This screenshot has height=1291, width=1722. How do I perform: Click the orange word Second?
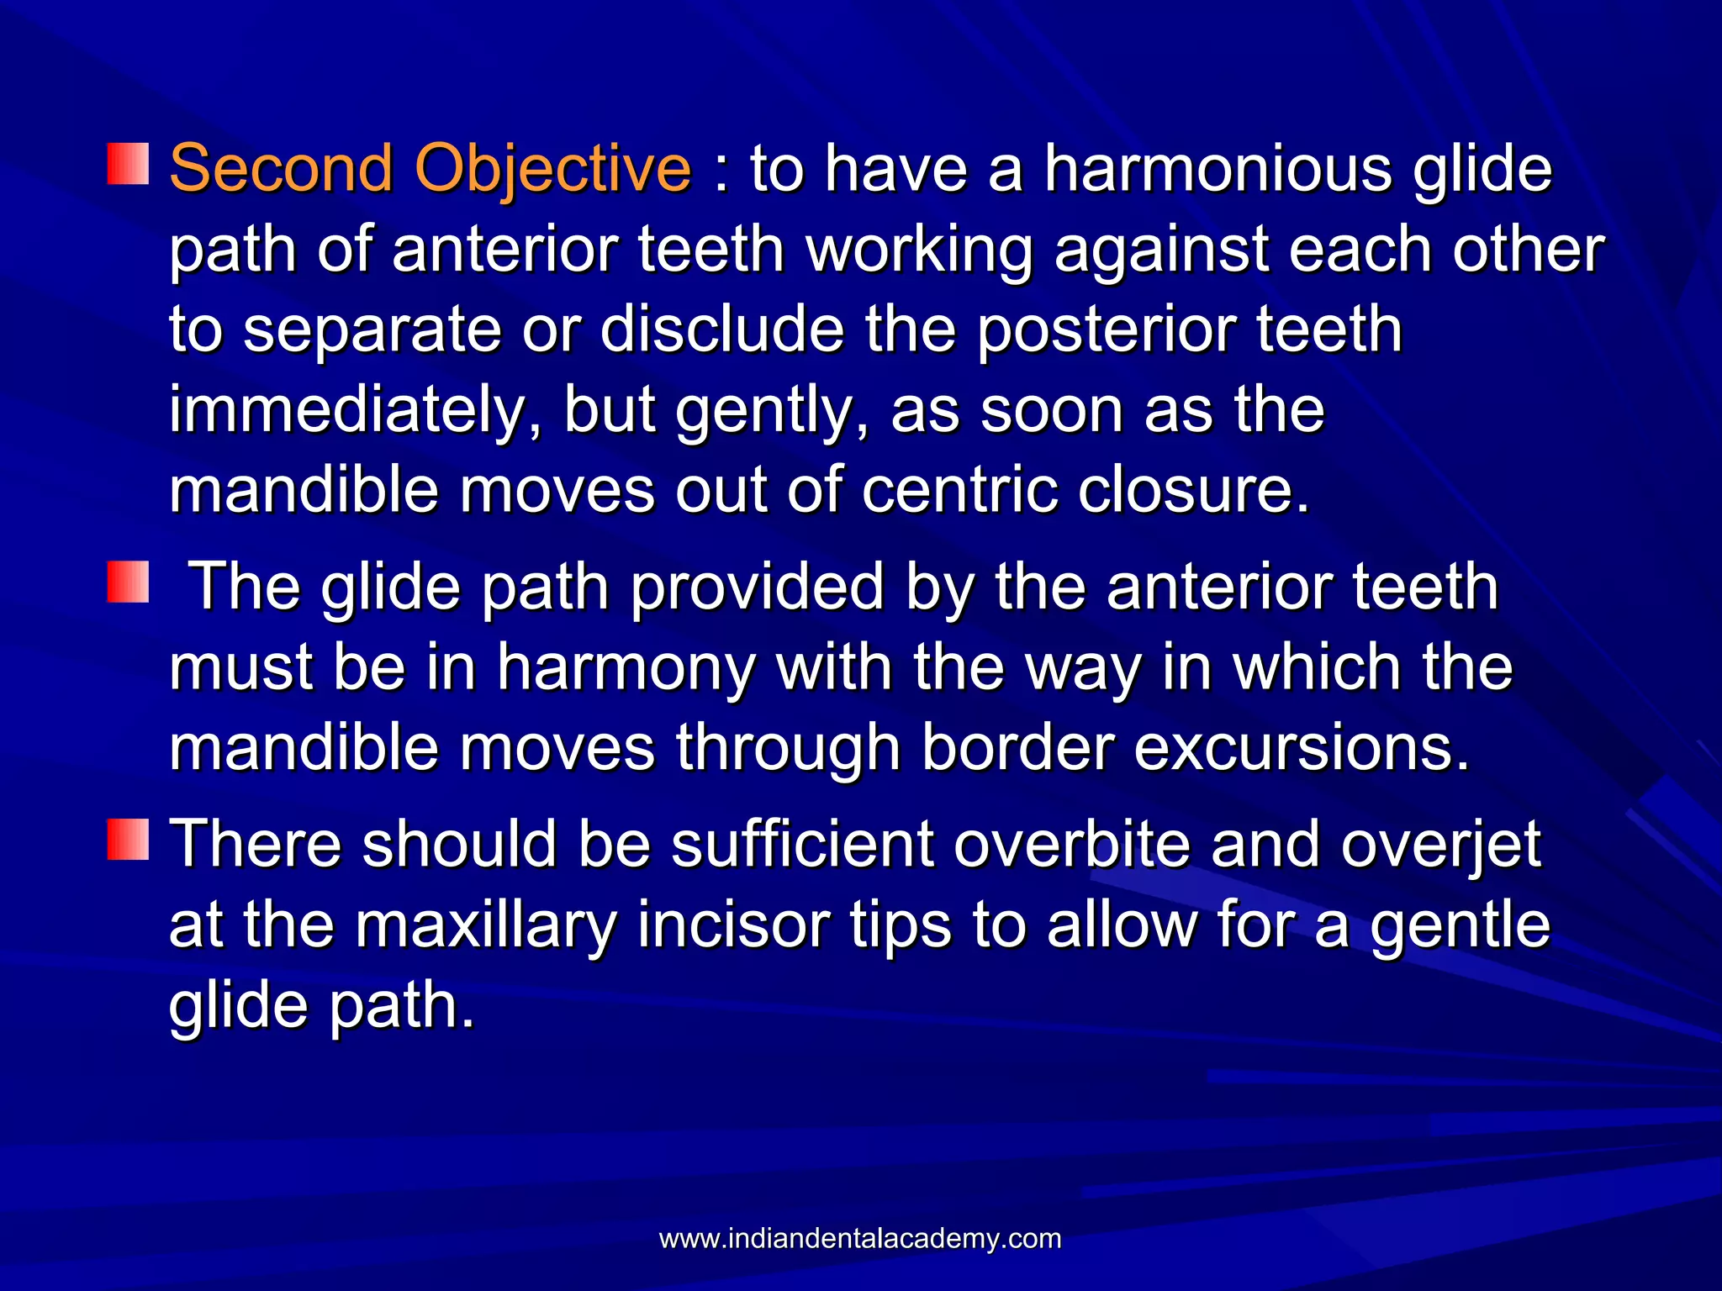click(x=281, y=168)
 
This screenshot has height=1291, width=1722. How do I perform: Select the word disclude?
click(x=722, y=329)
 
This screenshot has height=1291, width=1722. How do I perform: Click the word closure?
click(x=1194, y=490)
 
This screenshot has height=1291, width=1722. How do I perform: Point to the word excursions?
click(x=1302, y=748)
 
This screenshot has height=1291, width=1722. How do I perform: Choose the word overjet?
click(x=1440, y=846)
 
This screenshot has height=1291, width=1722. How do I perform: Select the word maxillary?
click(x=485, y=925)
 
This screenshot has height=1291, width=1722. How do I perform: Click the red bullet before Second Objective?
click(x=128, y=163)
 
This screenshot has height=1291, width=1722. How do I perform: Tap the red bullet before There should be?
click(x=128, y=839)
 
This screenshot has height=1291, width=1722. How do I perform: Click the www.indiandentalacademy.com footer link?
click(x=859, y=1239)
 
